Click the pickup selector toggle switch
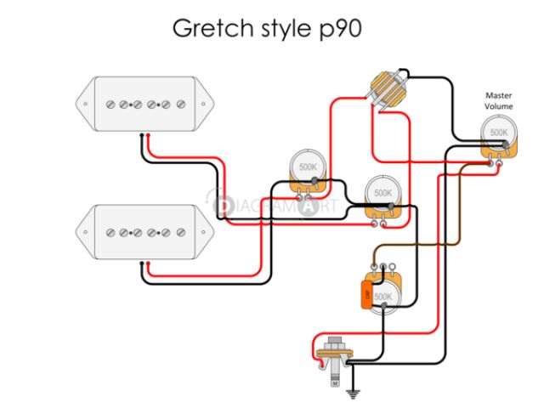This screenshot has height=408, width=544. click(x=386, y=89)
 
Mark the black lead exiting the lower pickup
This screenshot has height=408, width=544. click(x=140, y=272)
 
